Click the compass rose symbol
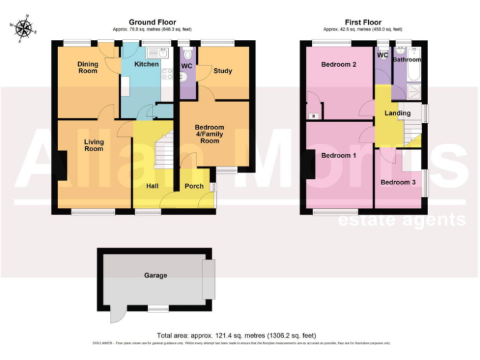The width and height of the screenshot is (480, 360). pos(24,27)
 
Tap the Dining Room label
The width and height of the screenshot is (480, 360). pos(87,67)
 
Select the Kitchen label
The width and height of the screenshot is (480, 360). pos(148,64)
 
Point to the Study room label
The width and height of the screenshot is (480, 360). pos(222,71)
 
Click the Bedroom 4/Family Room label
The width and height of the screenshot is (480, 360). pos(209,134)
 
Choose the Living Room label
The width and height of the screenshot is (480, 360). pos(94,145)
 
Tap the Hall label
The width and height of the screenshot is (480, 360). pos(152,186)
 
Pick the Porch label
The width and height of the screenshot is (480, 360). pos(194,186)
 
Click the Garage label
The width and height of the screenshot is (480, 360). pos(156,275)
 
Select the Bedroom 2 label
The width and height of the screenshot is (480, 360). pos(339,64)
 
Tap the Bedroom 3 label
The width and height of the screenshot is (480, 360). pos(397,182)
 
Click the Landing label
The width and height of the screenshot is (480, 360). pos(397,113)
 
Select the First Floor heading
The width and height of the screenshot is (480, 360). pos(363,22)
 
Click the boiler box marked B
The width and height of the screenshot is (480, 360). pos(313,116)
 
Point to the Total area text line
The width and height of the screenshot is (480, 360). pos(240,336)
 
